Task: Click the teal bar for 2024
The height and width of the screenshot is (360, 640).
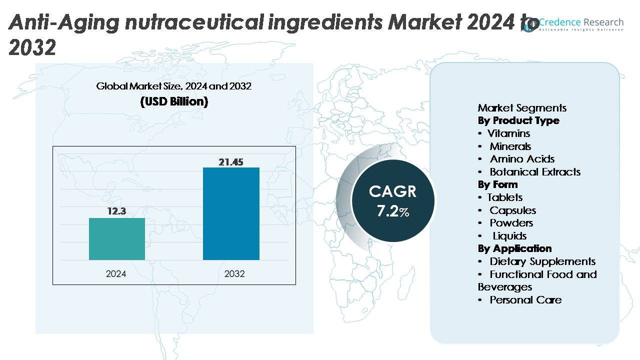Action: pyautogui.click(x=117, y=239)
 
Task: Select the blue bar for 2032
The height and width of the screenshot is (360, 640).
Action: pyautogui.click(x=231, y=213)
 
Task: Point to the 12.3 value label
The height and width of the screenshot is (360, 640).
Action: pyautogui.click(x=116, y=211)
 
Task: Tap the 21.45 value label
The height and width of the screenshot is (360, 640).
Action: pyautogui.click(x=231, y=161)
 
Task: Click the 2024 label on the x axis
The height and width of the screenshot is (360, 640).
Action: pyautogui.click(x=116, y=274)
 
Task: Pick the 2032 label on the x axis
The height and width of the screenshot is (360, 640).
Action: pyautogui.click(x=234, y=274)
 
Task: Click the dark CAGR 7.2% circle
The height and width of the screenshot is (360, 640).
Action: pyautogui.click(x=393, y=200)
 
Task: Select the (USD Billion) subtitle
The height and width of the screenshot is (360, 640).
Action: pyautogui.click(x=174, y=101)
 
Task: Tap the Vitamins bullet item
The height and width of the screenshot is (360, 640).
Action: pyautogui.click(x=508, y=133)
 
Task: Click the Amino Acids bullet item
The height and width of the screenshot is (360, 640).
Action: pyautogui.click(x=521, y=159)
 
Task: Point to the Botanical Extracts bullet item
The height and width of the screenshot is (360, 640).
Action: pyautogui.click(x=534, y=172)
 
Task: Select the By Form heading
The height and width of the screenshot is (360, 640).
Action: pyautogui.click(x=497, y=184)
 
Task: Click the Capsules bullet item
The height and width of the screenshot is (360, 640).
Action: pyautogui.click(x=512, y=210)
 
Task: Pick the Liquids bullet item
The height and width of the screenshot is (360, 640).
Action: pyautogui.click(x=509, y=236)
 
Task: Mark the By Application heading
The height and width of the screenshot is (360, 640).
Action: pyautogui.click(x=514, y=248)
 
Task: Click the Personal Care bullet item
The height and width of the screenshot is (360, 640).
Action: pyautogui.click(x=525, y=300)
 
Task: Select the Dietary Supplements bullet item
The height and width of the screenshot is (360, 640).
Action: pyautogui.click(x=542, y=261)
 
